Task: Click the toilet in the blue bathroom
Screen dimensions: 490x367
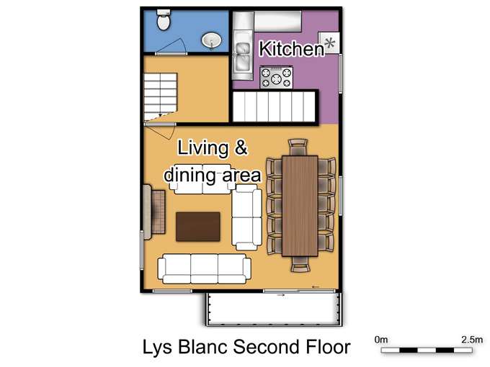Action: (164, 19)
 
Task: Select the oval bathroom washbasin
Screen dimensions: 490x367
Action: (212, 40)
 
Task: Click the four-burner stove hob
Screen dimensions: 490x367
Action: (276, 78)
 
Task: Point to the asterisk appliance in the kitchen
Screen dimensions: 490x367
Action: (329, 42)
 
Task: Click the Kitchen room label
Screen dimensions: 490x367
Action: (292, 49)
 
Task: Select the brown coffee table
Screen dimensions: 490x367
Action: (198, 227)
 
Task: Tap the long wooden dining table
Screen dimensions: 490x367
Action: (300, 206)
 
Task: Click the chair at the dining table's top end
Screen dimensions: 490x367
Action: (298, 148)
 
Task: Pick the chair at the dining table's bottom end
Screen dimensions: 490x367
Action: (300, 264)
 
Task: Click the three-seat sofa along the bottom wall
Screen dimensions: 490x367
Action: (204, 268)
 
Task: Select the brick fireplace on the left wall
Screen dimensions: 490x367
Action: (154, 212)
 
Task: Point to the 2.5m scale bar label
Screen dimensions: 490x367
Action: (472, 339)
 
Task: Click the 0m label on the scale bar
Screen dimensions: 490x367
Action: (381, 339)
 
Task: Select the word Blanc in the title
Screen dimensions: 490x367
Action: (203, 347)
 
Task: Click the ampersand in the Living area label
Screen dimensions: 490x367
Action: (241, 147)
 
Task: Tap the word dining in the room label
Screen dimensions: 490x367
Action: (190, 175)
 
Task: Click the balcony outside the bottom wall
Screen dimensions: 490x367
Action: (274, 309)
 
